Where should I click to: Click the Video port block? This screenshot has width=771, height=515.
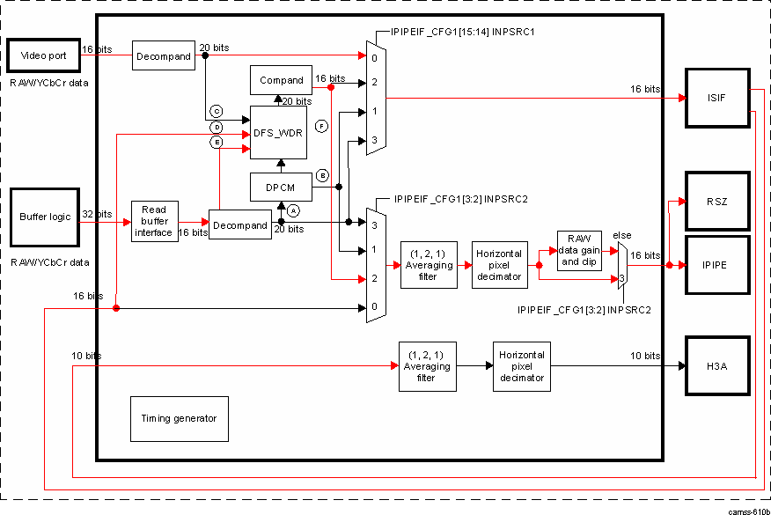43,56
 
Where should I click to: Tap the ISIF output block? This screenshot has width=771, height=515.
716,98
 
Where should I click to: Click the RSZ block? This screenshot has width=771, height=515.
716,202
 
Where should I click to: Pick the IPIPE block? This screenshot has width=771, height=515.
716,263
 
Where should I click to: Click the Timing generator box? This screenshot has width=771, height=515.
179,418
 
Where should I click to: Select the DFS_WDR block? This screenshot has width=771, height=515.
278,133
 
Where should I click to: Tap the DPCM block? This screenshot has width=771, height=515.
278,188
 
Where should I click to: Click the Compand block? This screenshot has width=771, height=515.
282,80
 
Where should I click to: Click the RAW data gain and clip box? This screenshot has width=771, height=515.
578,251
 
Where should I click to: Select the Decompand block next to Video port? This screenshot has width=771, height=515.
163,55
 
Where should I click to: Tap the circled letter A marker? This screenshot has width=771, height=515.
294,210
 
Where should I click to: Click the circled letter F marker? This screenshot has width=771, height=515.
322,127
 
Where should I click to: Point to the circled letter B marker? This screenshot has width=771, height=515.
322,175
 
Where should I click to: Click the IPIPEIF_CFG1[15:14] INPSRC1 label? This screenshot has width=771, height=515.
457,32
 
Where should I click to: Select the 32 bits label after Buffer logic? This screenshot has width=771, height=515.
97,214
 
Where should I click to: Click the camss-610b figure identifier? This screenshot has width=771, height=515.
748,510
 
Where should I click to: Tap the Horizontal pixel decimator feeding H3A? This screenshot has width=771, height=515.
521,366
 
